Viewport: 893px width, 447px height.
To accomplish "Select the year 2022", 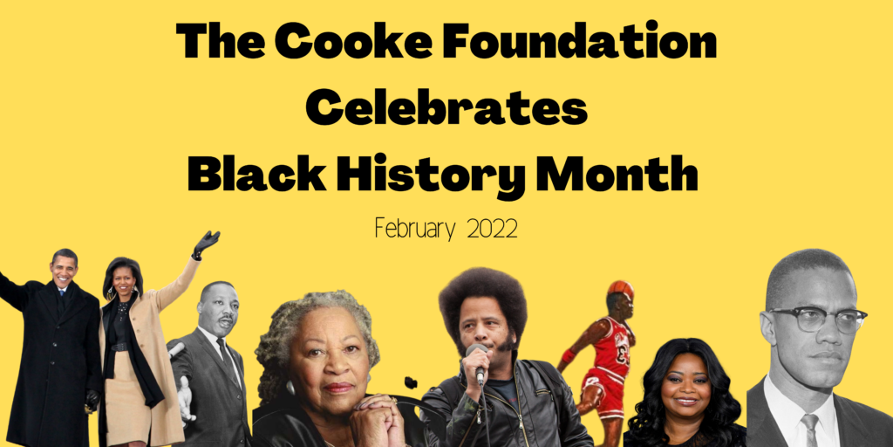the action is tap(492, 229).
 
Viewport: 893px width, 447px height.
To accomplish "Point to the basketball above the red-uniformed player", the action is tap(620, 289).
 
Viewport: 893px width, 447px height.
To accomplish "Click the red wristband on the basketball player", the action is tap(569, 356).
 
